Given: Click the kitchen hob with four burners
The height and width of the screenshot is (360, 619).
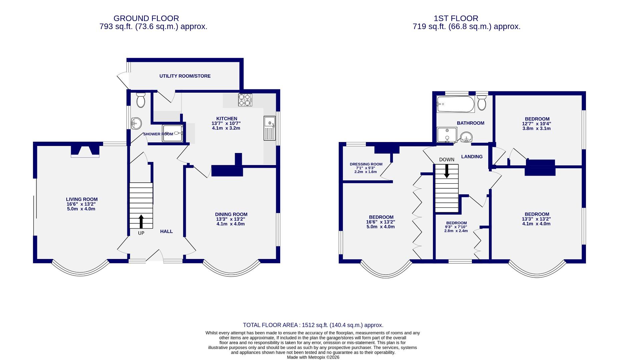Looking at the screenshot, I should click(x=245, y=100).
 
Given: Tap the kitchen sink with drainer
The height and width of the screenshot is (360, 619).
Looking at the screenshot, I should click(x=269, y=128).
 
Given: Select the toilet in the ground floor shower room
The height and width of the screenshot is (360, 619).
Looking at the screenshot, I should click(x=141, y=100).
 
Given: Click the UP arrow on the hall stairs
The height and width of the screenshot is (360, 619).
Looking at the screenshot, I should click(x=141, y=221).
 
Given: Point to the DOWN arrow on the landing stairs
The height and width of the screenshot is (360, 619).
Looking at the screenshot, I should click(x=447, y=171).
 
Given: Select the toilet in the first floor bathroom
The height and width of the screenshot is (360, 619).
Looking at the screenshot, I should click(x=482, y=103).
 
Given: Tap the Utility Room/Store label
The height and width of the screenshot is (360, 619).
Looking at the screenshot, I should click(x=185, y=76).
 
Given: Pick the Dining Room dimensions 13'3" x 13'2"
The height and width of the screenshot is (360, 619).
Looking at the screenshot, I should click(x=231, y=219).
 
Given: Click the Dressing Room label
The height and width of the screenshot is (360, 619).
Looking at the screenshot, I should click(x=366, y=164).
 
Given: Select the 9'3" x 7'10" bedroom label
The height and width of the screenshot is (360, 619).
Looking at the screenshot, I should click(x=456, y=227).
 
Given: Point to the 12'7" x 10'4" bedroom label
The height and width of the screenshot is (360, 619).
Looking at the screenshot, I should click(x=537, y=124).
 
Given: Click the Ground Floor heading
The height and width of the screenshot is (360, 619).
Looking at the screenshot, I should click(x=146, y=18).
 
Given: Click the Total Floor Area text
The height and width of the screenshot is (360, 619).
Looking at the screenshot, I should click(x=313, y=325).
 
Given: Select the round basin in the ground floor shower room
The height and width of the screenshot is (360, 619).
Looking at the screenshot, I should click(x=136, y=123).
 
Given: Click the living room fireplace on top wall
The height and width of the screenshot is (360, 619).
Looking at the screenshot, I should click(x=85, y=151).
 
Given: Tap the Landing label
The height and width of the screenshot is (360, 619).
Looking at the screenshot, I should click(x=472, y=157).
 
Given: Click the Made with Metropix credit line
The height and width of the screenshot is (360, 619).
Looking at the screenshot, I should click(x=313, y=357).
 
